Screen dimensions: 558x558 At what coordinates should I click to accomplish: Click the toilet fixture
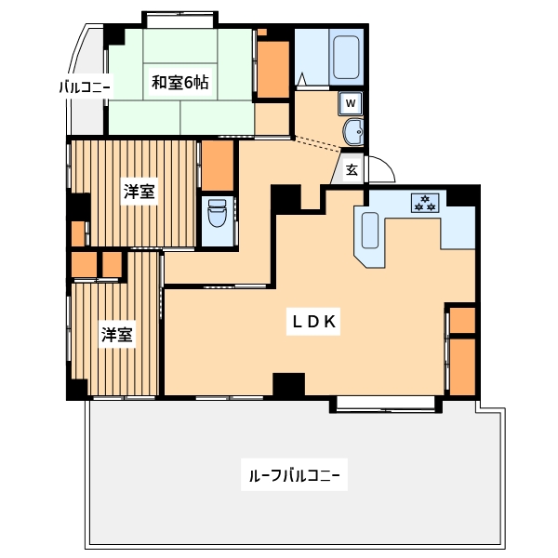tap(217, 213)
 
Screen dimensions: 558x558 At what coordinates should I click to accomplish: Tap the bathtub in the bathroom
tap(346, 58)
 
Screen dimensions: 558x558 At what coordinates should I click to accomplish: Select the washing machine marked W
tap(351, 103)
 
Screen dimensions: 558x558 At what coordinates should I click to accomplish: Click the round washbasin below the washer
tap(353, 132)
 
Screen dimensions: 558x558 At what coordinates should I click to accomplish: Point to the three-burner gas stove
tap(425, 203)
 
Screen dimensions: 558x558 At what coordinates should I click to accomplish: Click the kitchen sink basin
tap(370, 231)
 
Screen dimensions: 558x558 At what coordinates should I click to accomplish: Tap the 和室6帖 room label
tap(180, 83)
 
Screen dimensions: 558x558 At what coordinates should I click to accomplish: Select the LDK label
tap(313, 322)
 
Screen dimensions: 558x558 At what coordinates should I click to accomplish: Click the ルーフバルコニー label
tap(294, 475)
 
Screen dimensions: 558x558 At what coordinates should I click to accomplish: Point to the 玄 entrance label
tap(352, 170)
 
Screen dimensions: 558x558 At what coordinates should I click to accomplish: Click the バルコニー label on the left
tap(85, 86)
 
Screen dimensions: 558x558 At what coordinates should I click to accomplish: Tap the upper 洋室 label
tap(139, 192)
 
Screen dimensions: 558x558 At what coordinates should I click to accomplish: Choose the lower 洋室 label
tap(117, 335)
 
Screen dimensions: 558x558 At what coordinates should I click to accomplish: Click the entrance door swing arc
tap(387, 164)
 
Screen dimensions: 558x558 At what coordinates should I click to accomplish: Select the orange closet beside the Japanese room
tap(272, 70)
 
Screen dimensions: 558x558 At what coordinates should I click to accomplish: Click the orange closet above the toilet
tap(218, 166)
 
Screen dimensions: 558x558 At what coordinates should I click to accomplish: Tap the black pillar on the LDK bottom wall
tap(288, 384)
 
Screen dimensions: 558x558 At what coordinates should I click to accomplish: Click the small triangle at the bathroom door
tap(301, 79)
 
